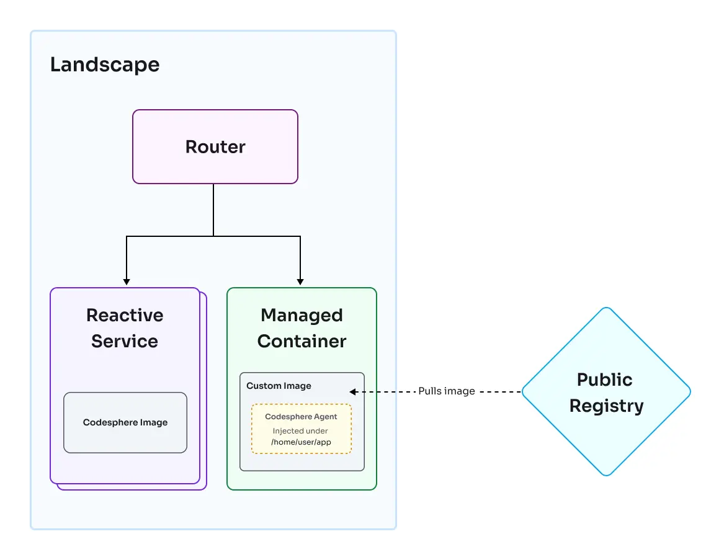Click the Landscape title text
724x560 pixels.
pyautogui.click(x=104, y=64)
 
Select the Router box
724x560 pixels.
pyautogui.click(x=215, y=147)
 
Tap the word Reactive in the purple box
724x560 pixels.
pyautogui.click(x=125, y=315)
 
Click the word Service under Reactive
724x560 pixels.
pyautogui.click(x=125, y=341)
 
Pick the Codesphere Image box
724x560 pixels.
pyautogui.click(x=125, y=422)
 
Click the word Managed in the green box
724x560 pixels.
pyautogui.click(x=302, y=315)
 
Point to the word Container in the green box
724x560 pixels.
pyautogui.click(x=302, y=341)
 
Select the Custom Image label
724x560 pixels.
pyautogui.click(x=279, y=386)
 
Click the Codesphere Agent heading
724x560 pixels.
pyautogui.click(x=301, y=417)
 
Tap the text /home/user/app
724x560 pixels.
pyautogui.click(x=301, y=442)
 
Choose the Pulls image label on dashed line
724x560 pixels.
pyautogui.click(x=446, y=391)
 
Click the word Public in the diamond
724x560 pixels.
pyautogui.click(x=604, y=380)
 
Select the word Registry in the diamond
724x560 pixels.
pyautogui.click(x=606, y=406)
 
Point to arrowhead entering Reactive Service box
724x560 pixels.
pyautogui.click(x=127, y=282)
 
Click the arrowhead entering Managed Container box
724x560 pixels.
pyautogui.click(x=300, y=282)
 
